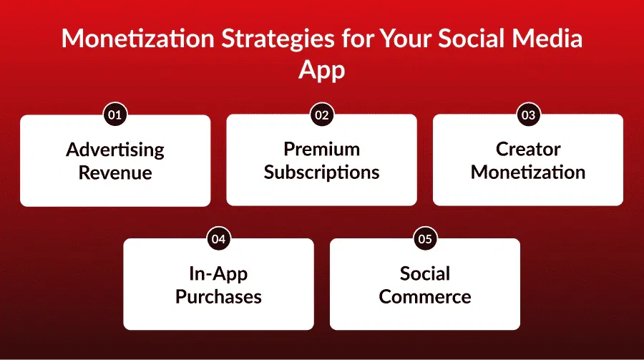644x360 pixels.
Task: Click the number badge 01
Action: coord(115,115)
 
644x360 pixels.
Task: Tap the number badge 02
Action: coord(321,115)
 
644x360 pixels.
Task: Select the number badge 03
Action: coord(527,115)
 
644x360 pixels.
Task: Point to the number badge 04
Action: coord(218,239)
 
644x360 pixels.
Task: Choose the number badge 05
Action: coord(424,239)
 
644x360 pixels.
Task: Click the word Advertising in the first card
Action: coord(115,150)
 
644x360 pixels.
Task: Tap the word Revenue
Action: coord(115,172)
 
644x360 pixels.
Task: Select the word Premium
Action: coord(321,150)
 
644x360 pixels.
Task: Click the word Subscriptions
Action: coord(321,172)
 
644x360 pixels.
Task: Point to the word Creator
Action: coord(528,150)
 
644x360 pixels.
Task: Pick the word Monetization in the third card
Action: coord(528,172)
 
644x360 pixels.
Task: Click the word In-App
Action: coord(218,274)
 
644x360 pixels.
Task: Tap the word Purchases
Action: coord(218,297)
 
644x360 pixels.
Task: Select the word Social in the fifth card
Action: coord(425,274)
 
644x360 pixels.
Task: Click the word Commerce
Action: coord(425,297)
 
